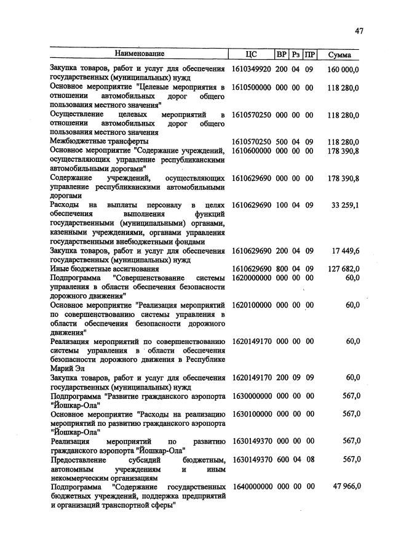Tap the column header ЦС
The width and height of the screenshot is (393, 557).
tap(251, 54)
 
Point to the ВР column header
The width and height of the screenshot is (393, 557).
tap(282, 54)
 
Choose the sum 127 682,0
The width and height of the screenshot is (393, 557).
tap(344, 269)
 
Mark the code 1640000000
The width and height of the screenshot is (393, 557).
tap(252, 486)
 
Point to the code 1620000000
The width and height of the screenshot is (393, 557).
tap(252, 278)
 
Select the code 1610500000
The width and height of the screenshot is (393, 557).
tap(252, 87)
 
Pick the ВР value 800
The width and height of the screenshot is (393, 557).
tap(282, 269)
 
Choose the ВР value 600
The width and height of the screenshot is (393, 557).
tap(282, 459)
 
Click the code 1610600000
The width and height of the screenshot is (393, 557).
tap(252, 151)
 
